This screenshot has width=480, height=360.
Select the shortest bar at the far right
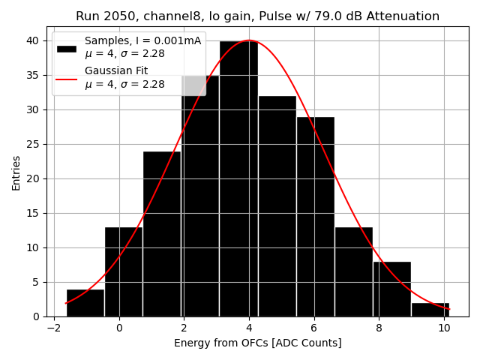(x=430, y=309)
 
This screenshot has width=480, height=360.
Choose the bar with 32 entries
(x=277, y=206)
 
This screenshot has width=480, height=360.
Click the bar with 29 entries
(x=315, y=217)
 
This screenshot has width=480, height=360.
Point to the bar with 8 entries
(x=391, y=289)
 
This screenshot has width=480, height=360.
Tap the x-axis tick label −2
(x=54, y=328)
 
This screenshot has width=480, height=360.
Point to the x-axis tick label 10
(x=444, y=328)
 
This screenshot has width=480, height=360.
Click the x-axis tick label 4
(x=249, y=328)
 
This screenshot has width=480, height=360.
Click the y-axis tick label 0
(x=37, y=316)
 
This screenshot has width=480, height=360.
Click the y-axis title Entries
(x=16, y=172)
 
